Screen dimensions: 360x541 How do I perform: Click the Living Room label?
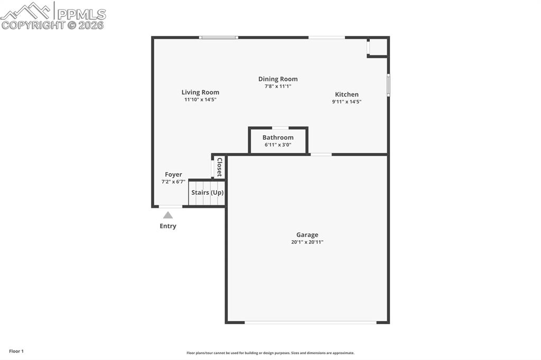[x=200, y=92]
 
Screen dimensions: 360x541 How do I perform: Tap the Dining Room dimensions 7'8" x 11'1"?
[x=278, y=86]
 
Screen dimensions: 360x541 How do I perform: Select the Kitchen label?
[x=347, y=94]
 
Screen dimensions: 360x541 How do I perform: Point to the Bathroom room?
[x=278, y=141]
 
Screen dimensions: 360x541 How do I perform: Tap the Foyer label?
[x=173, y=175]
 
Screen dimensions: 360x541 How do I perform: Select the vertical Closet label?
[x=220, y=167]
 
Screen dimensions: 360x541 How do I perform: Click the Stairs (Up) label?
[x=207, y=193]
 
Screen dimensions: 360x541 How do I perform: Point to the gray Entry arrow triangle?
[x=167, y=215]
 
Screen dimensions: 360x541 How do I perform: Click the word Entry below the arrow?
[x=168, y=226]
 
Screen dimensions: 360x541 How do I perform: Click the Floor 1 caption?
[x=16, y=351]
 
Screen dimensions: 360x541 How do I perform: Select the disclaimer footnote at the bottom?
[x=270, y=353]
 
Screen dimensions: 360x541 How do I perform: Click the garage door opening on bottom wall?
[x=310, y=322]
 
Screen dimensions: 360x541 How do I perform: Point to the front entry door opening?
[x=171, y=206]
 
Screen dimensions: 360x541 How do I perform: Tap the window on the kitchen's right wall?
[x=388, y=85]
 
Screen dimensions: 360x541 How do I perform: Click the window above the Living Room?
[x=218, y=37]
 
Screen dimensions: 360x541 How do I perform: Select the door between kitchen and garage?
[x=321, y=154]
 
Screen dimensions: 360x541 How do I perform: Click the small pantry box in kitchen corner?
[x=378, y=47]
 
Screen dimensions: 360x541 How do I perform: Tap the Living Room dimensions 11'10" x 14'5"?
[x=200, y=99]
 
